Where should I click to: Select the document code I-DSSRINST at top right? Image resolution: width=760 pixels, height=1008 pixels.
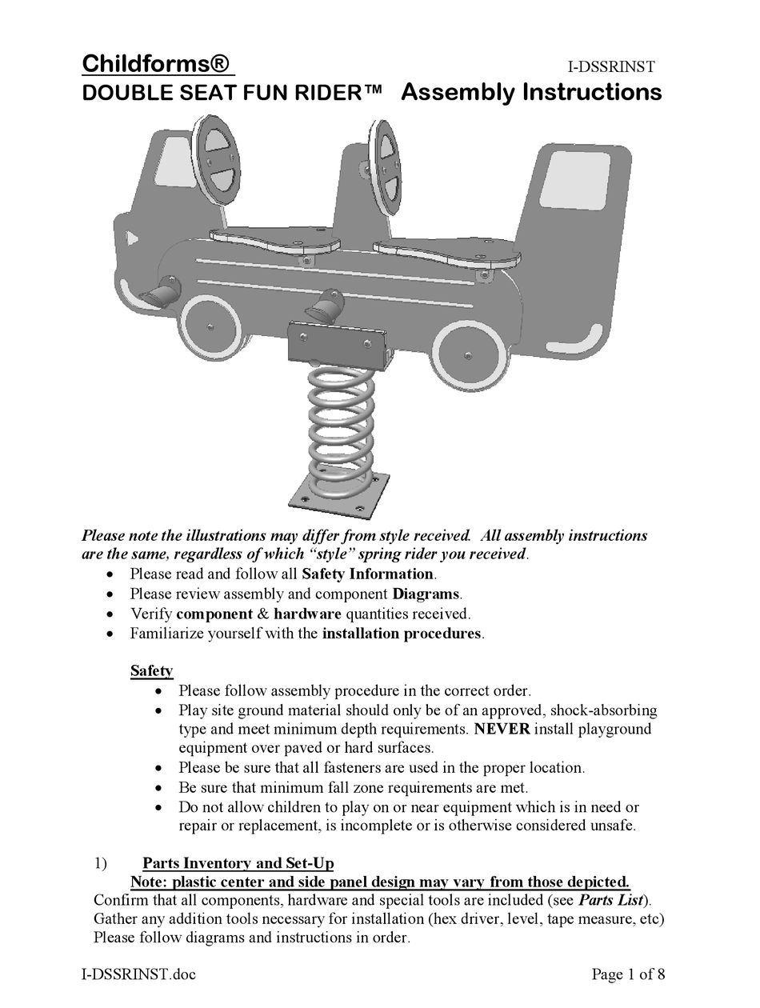pyautogui.click(x=611, y=68)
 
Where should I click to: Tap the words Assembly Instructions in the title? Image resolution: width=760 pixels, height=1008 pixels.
pyautogui.click(x=530, y=92)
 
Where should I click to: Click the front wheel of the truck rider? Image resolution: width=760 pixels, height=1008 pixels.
pyautogui.click(x=210, y=326)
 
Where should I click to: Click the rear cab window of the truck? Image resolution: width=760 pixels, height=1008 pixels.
pyautogui.click(x=573, y=179)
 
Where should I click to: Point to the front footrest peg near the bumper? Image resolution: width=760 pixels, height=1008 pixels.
pyautogui.click(x=160, y=292)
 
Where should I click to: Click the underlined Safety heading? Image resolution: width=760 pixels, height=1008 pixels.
pyautogui.click(x=151, y=670)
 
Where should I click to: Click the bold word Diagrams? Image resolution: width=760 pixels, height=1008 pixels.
pyautogui.click(x=426, y=594)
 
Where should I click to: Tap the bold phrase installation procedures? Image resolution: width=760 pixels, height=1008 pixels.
pyautogui.click(x=402, y=634)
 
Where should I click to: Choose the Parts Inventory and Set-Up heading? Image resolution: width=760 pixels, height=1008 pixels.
pyautogui.click(x=238, y=863)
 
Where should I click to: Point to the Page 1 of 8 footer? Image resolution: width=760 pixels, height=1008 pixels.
pyautogui.click(x=628, y=974)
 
